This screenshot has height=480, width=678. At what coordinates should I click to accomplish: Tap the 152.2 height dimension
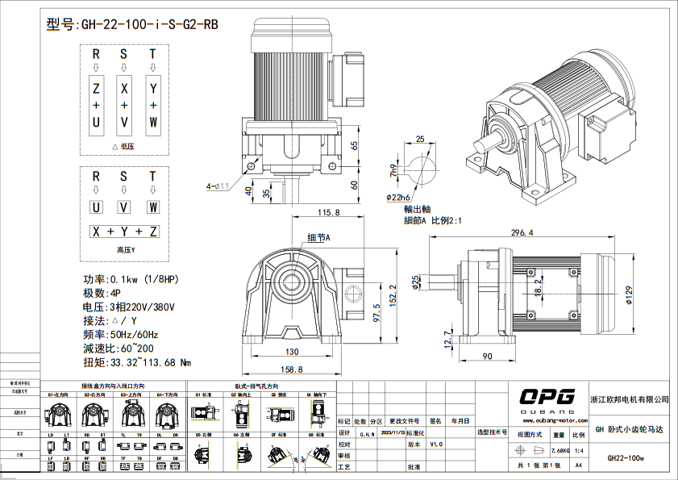pos(392,296)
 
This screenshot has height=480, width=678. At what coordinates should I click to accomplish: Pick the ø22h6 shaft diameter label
pos(399,196)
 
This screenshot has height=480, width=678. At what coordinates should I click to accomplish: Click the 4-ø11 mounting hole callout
pos(218,186)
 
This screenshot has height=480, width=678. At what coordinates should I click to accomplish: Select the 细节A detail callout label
pos(318,237)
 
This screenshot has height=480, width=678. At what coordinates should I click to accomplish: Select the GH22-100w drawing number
pos(626,458)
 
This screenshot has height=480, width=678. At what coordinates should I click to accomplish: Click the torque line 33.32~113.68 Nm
pos(137,362)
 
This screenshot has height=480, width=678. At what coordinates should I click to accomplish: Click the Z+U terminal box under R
pos(96,105)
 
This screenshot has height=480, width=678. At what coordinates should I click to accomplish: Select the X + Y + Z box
pos(124,232)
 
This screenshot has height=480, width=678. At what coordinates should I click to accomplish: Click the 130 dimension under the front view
pos(291,352)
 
